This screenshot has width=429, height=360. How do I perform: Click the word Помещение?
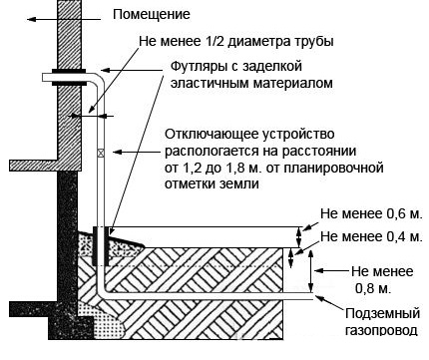(x=152, y=15)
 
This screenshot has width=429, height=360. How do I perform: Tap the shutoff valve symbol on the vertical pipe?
(x=101, y=153)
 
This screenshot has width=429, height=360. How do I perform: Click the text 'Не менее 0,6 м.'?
(x=371, y=213)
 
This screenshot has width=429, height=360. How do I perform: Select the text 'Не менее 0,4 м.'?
(x=371, y=236)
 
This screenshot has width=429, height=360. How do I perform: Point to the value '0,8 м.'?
(x=373, y=288)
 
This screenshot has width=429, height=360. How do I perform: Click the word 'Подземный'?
(x=382, y=313)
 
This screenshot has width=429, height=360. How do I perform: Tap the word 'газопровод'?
(x=381, y=330)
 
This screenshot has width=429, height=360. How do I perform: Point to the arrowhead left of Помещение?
(x=32, y=19)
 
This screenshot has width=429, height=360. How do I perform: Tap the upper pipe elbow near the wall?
(x=99, y=79)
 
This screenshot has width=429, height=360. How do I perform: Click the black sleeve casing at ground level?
(x=101, y=246)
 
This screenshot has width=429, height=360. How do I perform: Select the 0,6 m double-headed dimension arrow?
(x=298, y=237)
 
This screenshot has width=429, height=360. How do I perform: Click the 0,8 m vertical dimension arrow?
(x=310, y=271)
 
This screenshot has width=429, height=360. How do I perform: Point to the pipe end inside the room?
(x=44, y=77)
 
